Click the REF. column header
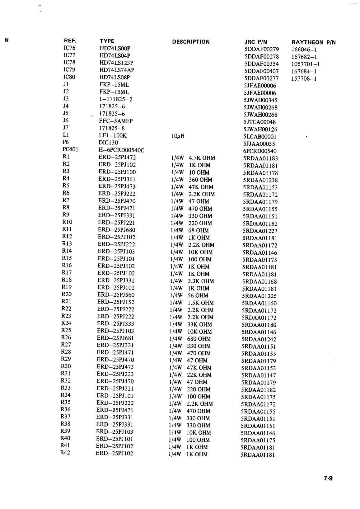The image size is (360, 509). (70, 41)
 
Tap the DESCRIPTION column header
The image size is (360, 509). (191, 42)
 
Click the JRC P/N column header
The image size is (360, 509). (256, 42)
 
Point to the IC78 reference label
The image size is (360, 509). (69, 63)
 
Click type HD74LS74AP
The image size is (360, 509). (117, 70)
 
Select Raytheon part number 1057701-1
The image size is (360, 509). (306, 64)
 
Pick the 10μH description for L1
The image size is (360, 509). (178, 136)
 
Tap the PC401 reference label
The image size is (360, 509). (70, 149)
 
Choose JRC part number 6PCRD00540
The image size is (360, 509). (260, 151)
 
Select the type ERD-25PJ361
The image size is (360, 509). (117, 179)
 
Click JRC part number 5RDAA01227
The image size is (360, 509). (260, 231)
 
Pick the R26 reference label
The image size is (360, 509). (66, 337)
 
